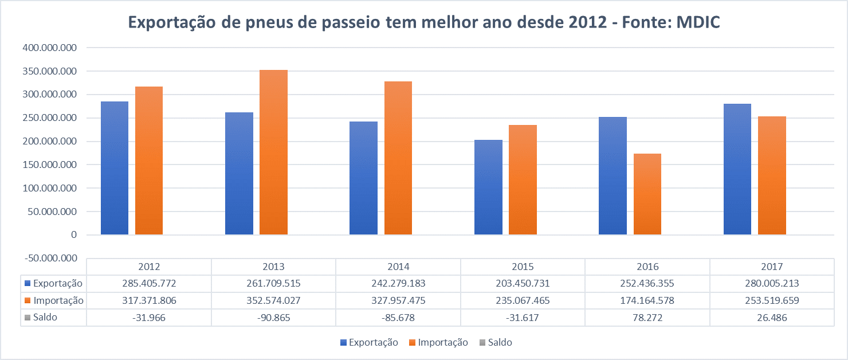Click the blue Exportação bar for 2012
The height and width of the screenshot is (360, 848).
tap(115, 168)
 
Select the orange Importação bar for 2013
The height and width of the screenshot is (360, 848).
tap(273, 152)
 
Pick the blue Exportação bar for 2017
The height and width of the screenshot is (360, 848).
tap(737, 169)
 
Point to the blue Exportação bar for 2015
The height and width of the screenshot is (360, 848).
tap(488, 187)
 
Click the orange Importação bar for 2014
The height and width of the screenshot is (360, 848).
tap(398, 158)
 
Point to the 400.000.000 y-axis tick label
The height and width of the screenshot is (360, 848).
tap(50, 48)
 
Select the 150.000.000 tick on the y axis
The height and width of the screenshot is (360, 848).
tap(50, 165)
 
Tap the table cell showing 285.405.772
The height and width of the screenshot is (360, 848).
tap(149, 284)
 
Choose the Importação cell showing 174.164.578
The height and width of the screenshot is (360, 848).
tap(647, 300)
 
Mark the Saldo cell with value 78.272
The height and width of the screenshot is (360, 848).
tap(647, 318)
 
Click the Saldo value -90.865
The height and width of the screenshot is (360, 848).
tap(273, 318)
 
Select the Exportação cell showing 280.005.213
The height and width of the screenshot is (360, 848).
tap(772, 284)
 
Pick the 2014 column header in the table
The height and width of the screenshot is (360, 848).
tap(398, 267)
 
